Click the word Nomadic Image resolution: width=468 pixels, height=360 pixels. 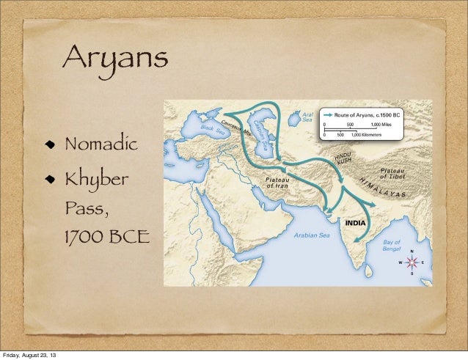coord(101,142)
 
